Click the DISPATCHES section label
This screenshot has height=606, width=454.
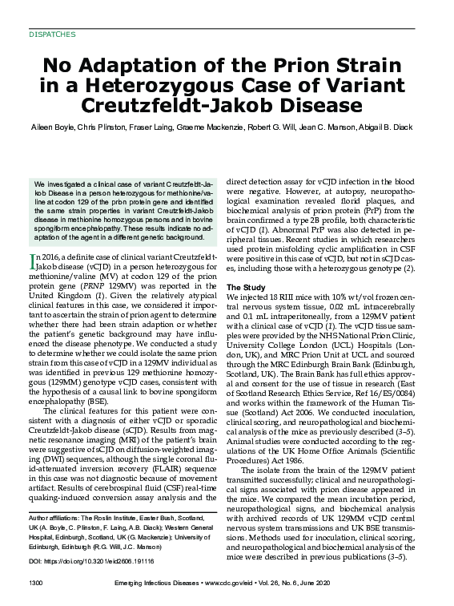pyautogui.click(x=52, y=35)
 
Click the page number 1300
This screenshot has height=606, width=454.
pyautogui.click(x=35, y=580)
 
